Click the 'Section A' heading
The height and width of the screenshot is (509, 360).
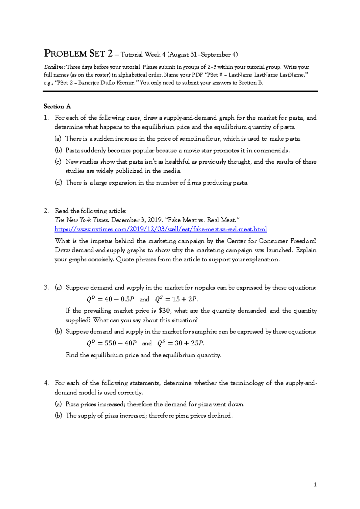pos(57,106)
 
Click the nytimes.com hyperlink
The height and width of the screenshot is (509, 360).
pos(160,229)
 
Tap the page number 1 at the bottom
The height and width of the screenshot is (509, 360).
pos(315,484)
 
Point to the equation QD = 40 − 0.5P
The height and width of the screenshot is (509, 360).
pos(110,299)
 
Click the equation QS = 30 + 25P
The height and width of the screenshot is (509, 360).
pos(181,343)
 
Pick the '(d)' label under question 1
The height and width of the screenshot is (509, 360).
pos(58,183)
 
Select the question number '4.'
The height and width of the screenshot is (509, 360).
pos(46,383)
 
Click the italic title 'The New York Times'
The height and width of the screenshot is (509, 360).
pos(82,220)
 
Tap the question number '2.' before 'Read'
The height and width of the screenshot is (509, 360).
pos(46,211)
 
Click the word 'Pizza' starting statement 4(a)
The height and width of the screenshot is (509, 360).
pos(72,404)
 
